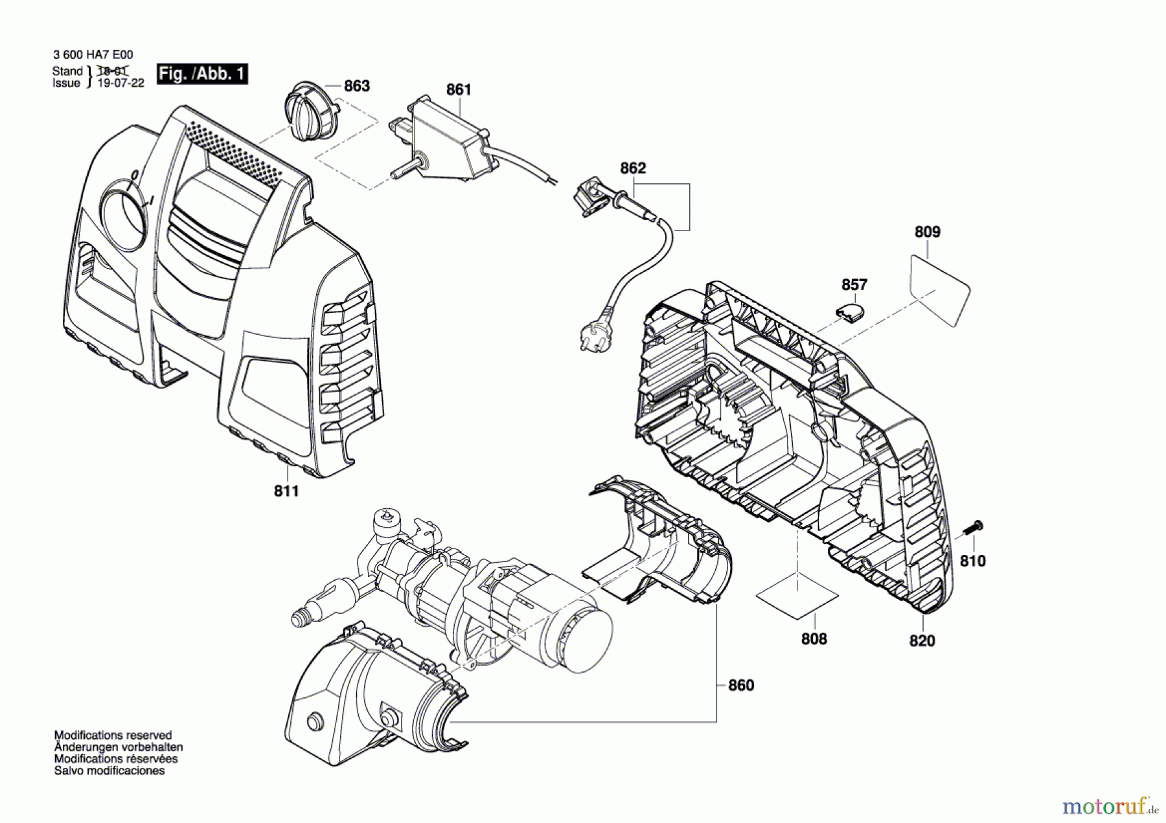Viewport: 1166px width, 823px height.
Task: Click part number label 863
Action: pyautogui.click(x=356, y=85)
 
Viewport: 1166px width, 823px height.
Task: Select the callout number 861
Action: pyautogui.click(x=459, y=89)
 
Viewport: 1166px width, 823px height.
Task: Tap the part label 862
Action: pyautogui.click(x=633, y=168)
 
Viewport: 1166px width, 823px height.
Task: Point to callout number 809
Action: pyautogui.click(x=928, y=232)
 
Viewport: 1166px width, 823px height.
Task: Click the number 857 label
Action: pyautogui.click(x=854, y=285)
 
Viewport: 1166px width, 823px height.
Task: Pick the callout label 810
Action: pyautogui.click(x=972, y=561)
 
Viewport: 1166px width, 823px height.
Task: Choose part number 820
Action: pyautogui.click(x=922, y=640)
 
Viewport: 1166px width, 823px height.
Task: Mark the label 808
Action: pyautogui.click(x=814, y=639)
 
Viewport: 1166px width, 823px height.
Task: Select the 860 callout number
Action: pyautogui.click(x=741, y=685)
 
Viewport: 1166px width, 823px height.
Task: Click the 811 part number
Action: pyautogui.click(x=286, y=491)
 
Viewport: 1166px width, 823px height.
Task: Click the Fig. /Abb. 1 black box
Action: pyautogui.click(x=202, y=74)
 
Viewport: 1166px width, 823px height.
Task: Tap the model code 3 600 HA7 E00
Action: pyautogui.click(x=93, y=56)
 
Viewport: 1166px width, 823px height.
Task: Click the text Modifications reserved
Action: pyautogui.click(x=113, y=735)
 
